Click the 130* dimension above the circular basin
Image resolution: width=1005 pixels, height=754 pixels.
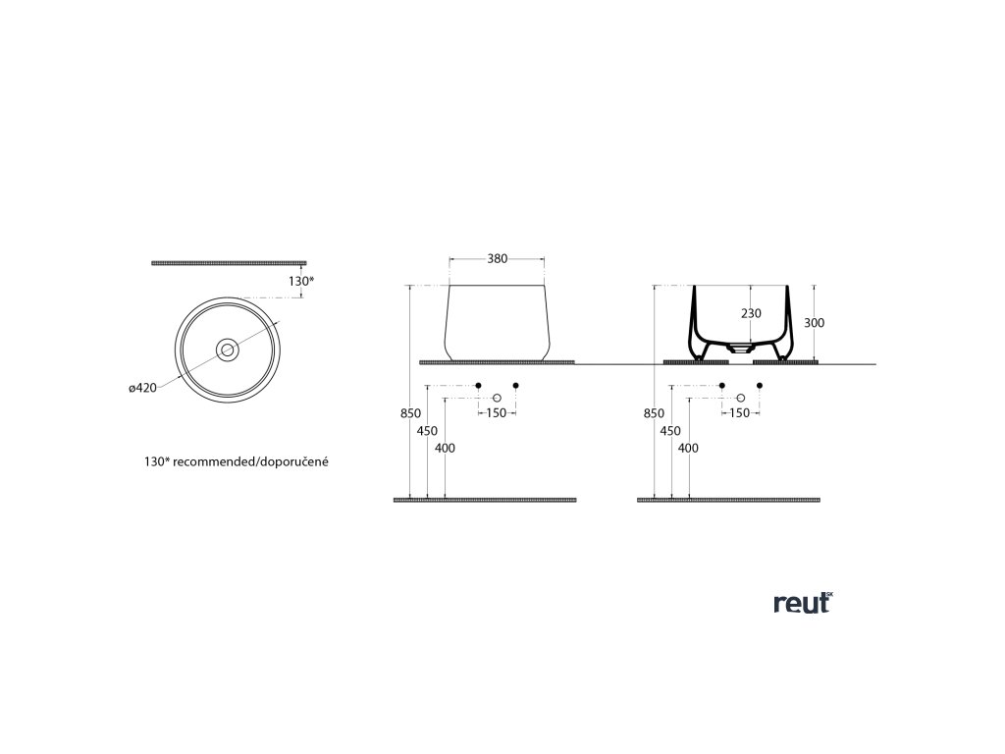[301, 282]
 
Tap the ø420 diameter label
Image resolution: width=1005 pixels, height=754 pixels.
[143, 388]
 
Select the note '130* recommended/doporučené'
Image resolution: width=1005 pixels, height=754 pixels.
[236, 459]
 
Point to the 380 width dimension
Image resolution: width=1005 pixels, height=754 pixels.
[498, 259]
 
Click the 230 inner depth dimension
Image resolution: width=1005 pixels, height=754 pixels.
[750, 314]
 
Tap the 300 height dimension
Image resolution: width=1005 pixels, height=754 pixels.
[814, 322]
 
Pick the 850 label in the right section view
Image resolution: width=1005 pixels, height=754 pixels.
[654, 414]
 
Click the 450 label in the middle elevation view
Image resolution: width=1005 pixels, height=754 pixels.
[427, 431]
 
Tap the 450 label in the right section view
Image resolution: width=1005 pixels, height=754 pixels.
[671, 431]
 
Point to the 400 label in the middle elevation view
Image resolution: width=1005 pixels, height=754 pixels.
[445, 448]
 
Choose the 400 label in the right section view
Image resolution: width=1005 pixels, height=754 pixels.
[689, 448]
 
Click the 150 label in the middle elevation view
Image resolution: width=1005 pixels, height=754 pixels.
[497, 413]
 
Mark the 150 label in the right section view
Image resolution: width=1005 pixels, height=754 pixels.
[740, 413]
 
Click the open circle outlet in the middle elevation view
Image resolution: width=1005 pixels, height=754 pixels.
[497, 398]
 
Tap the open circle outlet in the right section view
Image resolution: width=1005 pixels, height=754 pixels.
[741, 398]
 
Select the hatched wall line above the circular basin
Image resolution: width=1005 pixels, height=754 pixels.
[230, 263]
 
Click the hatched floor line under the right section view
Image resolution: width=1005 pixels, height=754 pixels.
[729, 500]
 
